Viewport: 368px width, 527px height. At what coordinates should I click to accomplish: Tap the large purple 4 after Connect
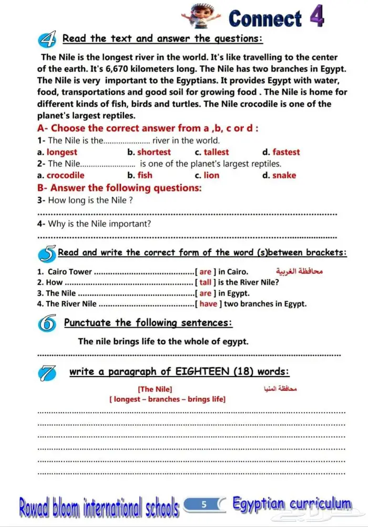click(316, 17)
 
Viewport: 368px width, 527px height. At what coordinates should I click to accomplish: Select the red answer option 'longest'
click(62, 152)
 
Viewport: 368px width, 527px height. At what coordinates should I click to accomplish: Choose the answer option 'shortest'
click(154, 152)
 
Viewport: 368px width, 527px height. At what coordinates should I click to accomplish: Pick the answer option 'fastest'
click(286, 152)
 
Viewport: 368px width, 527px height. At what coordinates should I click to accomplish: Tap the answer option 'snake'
click(284, 175)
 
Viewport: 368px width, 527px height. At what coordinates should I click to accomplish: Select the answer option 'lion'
click(211, 175)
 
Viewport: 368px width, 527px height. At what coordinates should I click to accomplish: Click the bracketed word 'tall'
click(205, 282)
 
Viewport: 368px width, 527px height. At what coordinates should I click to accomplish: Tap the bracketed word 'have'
click(208, 303)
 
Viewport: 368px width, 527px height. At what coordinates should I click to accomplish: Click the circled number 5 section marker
click(47, 254)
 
